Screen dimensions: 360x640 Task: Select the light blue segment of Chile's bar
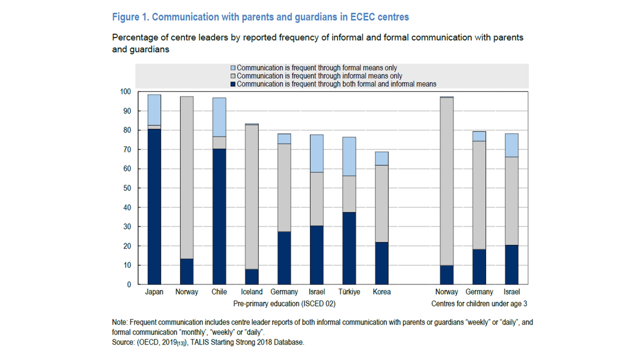[219, 117]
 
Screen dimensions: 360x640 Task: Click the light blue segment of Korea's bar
[381, 158]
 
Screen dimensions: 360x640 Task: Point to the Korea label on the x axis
[381, 292]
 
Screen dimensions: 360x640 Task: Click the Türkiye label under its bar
[349, 292]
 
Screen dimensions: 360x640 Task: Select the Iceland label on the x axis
[251, 292]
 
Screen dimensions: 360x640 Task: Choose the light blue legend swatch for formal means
[232, 68]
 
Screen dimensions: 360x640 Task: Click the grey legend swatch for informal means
[232, 76]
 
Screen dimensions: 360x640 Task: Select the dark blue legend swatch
[232, 84]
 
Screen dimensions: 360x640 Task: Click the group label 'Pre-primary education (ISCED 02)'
[284, 303]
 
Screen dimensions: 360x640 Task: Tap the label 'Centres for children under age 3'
[479, 303]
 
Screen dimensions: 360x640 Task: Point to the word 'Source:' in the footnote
[124, 342]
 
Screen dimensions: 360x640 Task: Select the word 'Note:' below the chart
[120, 322]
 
